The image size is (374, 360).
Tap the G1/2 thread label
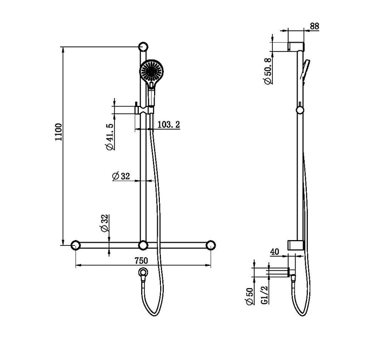click(264, 296)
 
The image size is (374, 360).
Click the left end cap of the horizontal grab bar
click(76, 245)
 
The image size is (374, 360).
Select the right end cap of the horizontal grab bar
click(211, 245)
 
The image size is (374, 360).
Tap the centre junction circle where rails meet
click(143, 245)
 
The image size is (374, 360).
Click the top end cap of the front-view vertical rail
click(143, 47)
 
